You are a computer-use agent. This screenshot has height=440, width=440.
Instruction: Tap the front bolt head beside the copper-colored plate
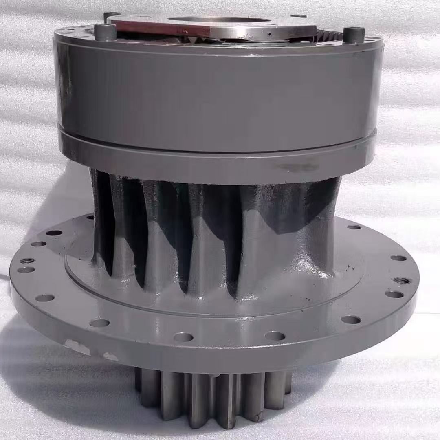click(105, 32)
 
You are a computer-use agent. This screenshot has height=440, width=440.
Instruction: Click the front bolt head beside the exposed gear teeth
click(353, 34)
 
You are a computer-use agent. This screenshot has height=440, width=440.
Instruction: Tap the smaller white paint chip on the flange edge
click(110, 356)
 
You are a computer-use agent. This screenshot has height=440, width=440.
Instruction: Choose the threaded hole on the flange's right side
click(401, 280)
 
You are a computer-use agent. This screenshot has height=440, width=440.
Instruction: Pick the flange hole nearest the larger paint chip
click(99, 323)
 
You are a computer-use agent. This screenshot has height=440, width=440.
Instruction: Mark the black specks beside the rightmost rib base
click(346, 269)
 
